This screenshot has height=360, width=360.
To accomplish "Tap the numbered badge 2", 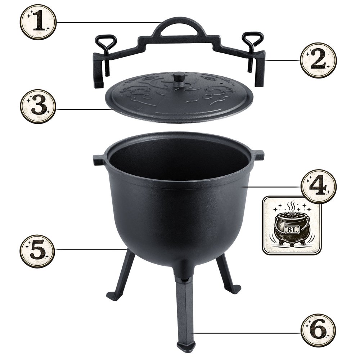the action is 319,60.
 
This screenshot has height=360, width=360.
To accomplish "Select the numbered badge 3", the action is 38,106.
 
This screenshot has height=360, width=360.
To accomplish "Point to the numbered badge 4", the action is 319,186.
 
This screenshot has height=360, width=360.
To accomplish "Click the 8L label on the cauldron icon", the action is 292,229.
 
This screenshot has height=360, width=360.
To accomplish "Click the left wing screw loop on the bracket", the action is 106,42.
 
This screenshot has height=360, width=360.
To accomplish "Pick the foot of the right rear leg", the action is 234,289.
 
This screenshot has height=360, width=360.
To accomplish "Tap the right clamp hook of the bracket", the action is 260,69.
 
